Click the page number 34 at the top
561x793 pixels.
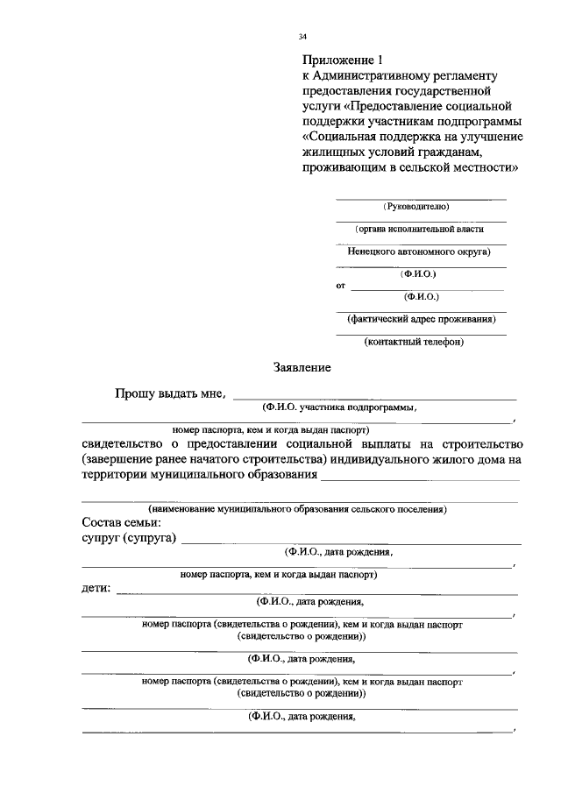click(x=302, y=37)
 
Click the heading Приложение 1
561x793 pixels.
click(x=344, y=60)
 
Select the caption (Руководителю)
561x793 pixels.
click(x=418, y=207)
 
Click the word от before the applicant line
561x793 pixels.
click(x=341, y=286)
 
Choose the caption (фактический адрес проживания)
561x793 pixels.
click(x=422, y=319)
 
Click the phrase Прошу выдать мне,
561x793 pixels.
click(x=170, y=394)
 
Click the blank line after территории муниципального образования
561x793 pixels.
click(x=420, y=478)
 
